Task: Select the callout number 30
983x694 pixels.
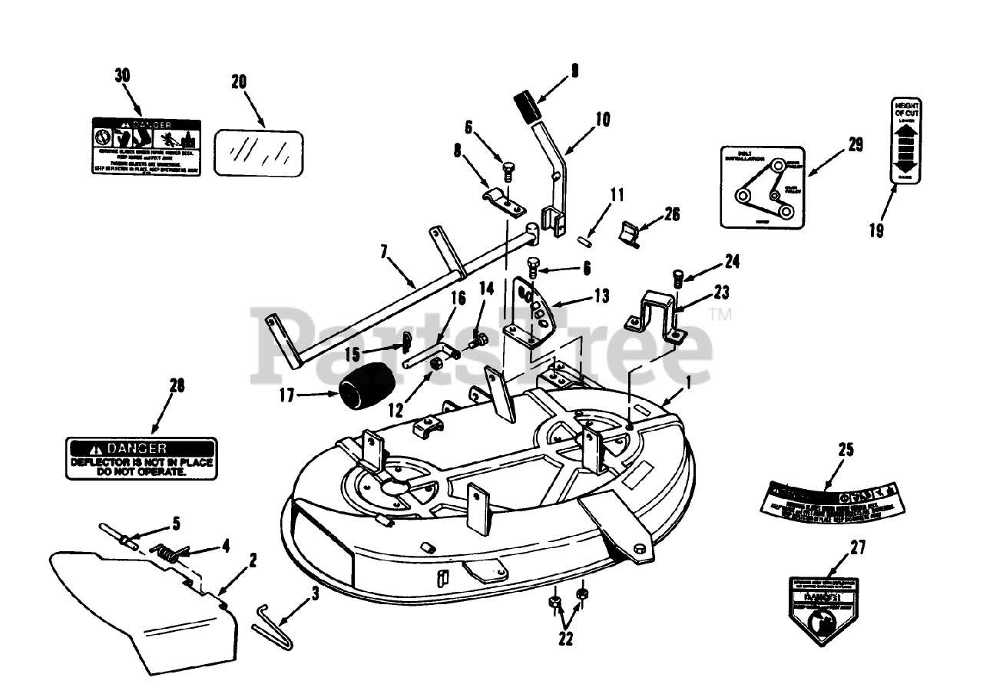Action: (x=122, y=75)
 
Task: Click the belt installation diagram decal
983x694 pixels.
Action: (x=761, y=187)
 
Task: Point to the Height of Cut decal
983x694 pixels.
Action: (x=907, y=140)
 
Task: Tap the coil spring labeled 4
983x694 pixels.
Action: (x=170, y=552)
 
